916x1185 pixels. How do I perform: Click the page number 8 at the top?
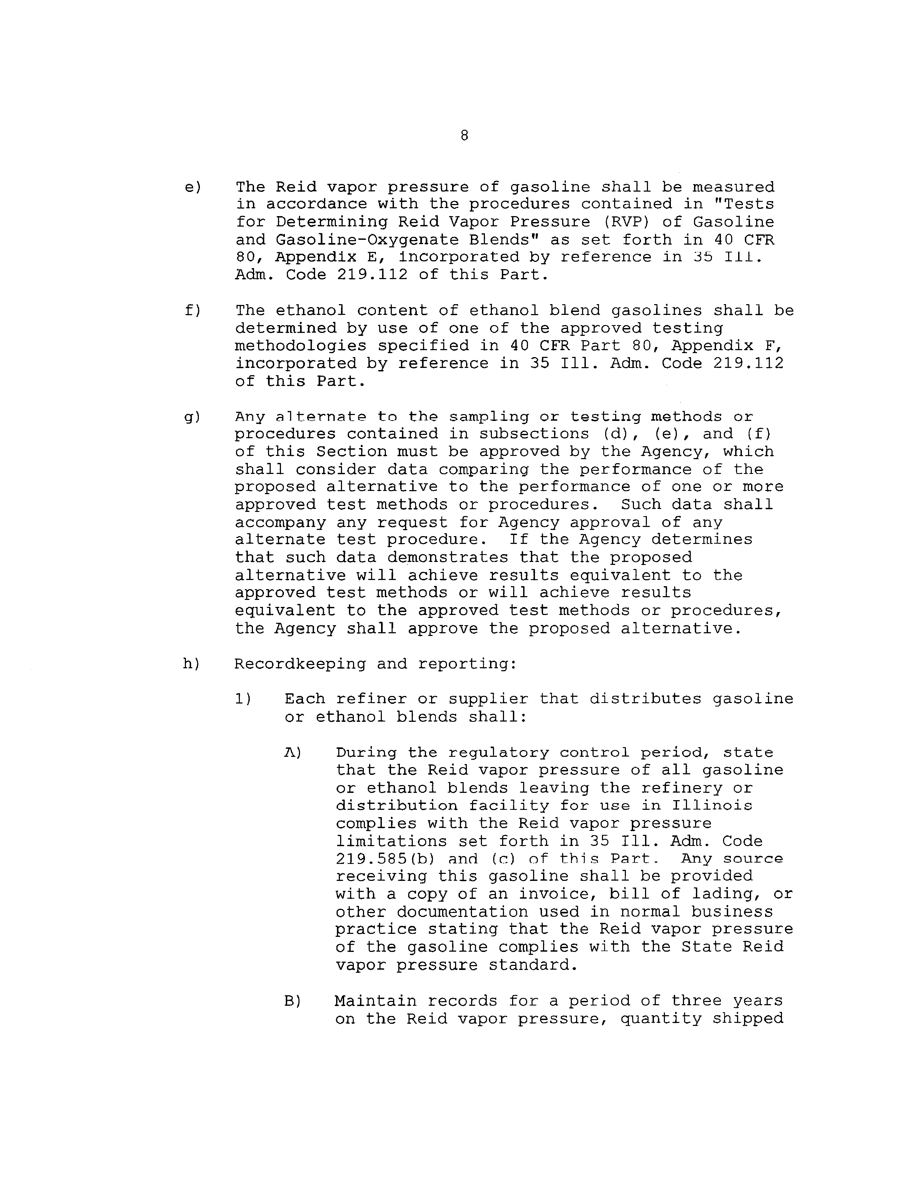click(464, 136)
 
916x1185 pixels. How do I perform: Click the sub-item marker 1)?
click(244, 699)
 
